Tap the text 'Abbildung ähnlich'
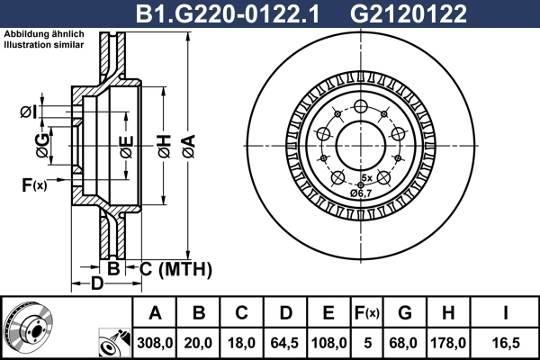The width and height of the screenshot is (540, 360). pyautogui.click(x=44, y=34)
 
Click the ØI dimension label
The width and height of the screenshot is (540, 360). pyautogui.click(x=27, y=112)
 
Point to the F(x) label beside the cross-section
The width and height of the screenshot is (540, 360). pyautogui.click(x=33, y=185)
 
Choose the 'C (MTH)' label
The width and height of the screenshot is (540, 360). pyautogui.click(x=175, y=268)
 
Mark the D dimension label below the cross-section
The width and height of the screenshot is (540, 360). pyautogui.click(x=97, y=284)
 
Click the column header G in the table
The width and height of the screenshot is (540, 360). pyautogui.click(x=404, y=314)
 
